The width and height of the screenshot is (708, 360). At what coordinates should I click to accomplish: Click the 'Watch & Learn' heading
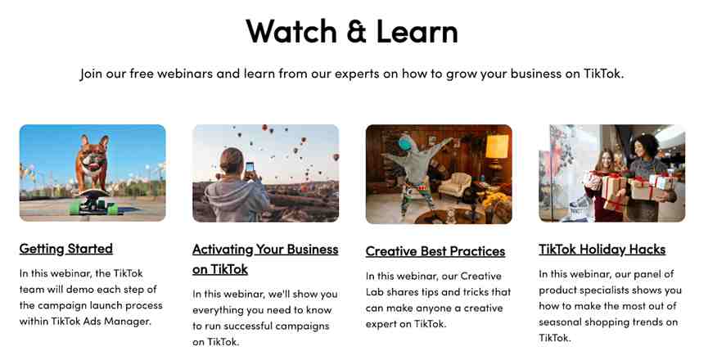[352, 31]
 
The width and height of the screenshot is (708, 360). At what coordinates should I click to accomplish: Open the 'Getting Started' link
[66, 249]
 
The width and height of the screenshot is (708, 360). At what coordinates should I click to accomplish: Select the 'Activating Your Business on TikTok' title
[265, 259]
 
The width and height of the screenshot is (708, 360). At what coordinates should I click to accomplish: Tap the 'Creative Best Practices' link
[435, 251]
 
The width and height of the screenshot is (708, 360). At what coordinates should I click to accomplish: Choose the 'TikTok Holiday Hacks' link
[602, 249]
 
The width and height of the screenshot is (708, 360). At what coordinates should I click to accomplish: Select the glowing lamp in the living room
[497, 146]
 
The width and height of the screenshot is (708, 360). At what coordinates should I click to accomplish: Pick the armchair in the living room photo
[455, 186]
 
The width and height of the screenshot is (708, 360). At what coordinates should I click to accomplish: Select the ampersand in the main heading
[356, 32]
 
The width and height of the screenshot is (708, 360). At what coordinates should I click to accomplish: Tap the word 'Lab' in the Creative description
[374, 292]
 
